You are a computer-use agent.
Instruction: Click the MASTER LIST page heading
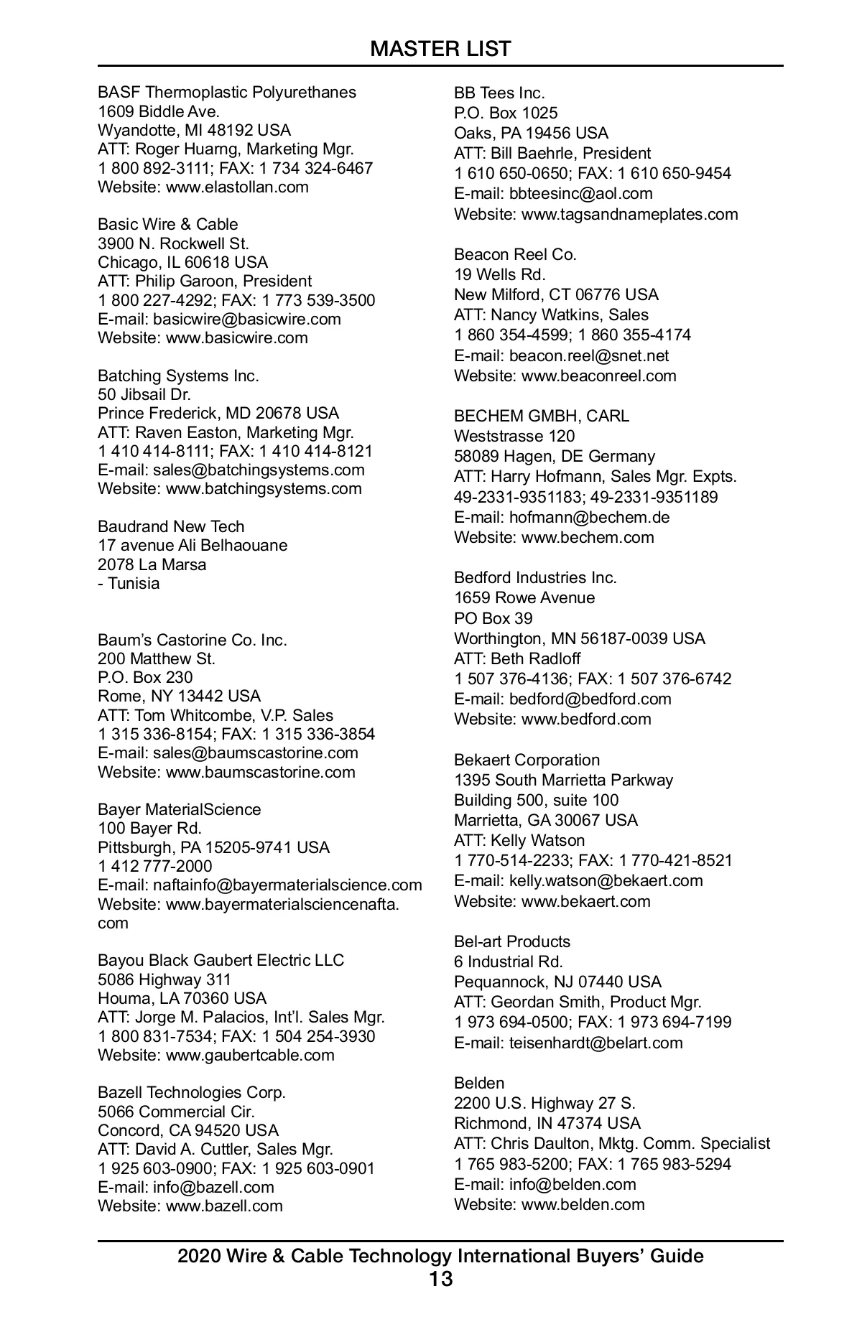point(440,49)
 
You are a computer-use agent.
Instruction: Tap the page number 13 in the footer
point(440,1279)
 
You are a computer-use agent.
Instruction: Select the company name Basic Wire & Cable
point(167,224)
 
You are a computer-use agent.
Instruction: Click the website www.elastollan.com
point(237,187)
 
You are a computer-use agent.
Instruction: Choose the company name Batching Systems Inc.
point(178,376)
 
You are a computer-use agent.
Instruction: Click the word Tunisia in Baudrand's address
point(134,583)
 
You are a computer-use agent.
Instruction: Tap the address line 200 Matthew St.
point(157,658)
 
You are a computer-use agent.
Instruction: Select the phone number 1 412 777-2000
point(155,866)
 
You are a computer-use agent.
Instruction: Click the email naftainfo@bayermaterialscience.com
point(287,885)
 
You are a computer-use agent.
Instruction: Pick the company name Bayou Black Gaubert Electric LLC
point(221,960)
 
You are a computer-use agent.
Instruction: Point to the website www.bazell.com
point(224,1206)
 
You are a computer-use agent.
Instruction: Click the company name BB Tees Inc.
point(499,93)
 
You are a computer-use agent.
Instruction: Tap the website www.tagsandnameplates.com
point(629,214)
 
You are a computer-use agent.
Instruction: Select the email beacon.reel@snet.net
point(589,355)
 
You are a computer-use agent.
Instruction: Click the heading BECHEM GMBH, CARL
point(541,416)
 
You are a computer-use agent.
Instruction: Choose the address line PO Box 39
point(493,618)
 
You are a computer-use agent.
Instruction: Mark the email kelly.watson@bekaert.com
point(606,880)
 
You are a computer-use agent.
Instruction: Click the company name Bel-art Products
point(511,941)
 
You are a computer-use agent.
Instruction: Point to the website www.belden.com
point(583,1204)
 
